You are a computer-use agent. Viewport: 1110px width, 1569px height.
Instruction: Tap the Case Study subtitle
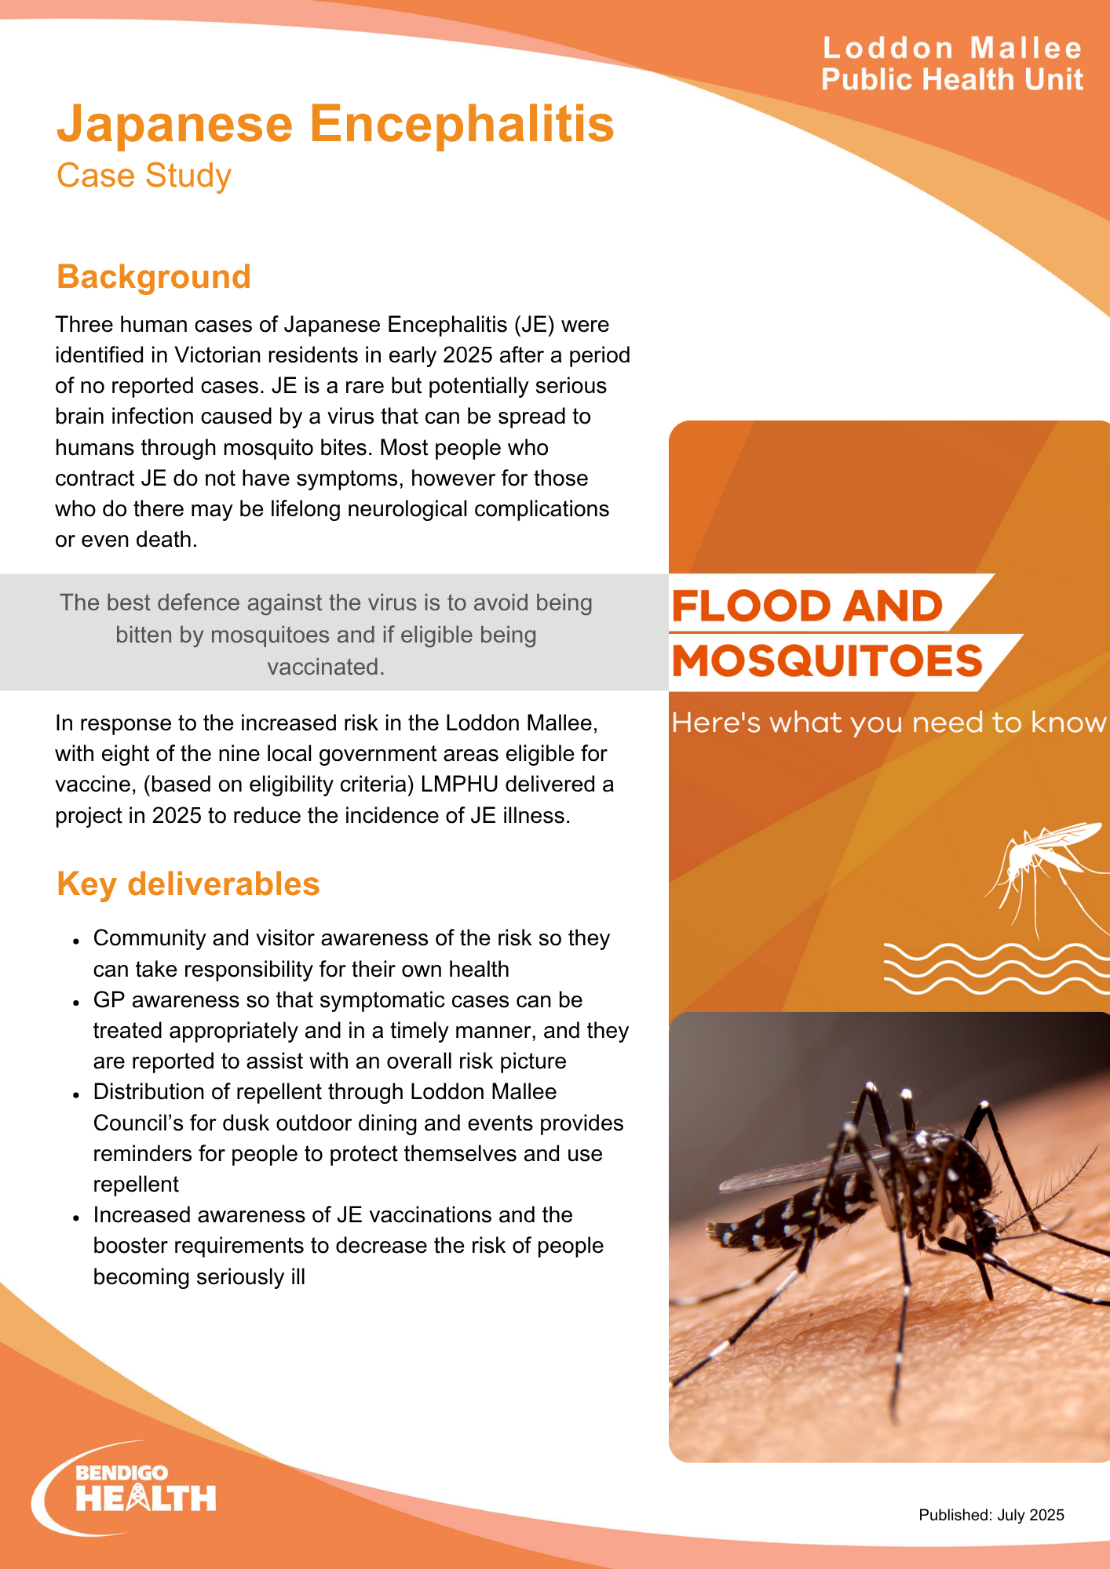click(x=144, y=176)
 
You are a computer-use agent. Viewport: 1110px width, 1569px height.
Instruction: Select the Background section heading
click(x=154, y=277)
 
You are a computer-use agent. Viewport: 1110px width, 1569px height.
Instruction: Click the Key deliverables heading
click(x=188, y=884)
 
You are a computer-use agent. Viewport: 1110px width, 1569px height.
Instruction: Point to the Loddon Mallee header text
click(x=952, y=49)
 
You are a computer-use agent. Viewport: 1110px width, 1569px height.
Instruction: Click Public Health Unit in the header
click(x=952, y=80)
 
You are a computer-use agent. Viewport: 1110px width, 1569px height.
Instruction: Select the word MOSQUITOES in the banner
click(x=827, y=661)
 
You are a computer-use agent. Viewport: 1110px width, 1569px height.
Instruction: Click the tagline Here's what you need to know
click(x=889, y=723)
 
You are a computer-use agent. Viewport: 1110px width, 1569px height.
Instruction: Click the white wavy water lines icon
click(x=995, y=968)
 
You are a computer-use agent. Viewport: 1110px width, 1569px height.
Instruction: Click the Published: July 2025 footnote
click(x=991, y=1515)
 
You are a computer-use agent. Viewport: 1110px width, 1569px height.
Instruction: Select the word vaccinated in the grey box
click(x=326, y=667)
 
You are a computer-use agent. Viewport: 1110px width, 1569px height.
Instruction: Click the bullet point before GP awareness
click(x=76, y=1002)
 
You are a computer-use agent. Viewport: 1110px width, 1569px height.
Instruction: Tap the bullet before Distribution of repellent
click(x=76, y=1094)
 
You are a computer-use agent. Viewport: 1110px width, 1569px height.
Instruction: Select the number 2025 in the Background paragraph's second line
click(x=468, y=355)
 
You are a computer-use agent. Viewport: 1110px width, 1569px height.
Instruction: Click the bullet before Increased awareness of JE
click(x=76, y=1217)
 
